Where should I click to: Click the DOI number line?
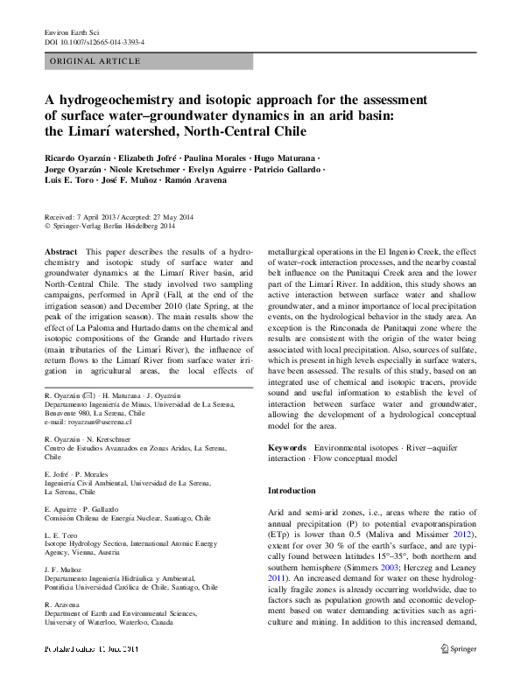[94, 41]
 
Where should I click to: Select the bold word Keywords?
[287, 447]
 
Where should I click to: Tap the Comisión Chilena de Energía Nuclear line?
[127, 517]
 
